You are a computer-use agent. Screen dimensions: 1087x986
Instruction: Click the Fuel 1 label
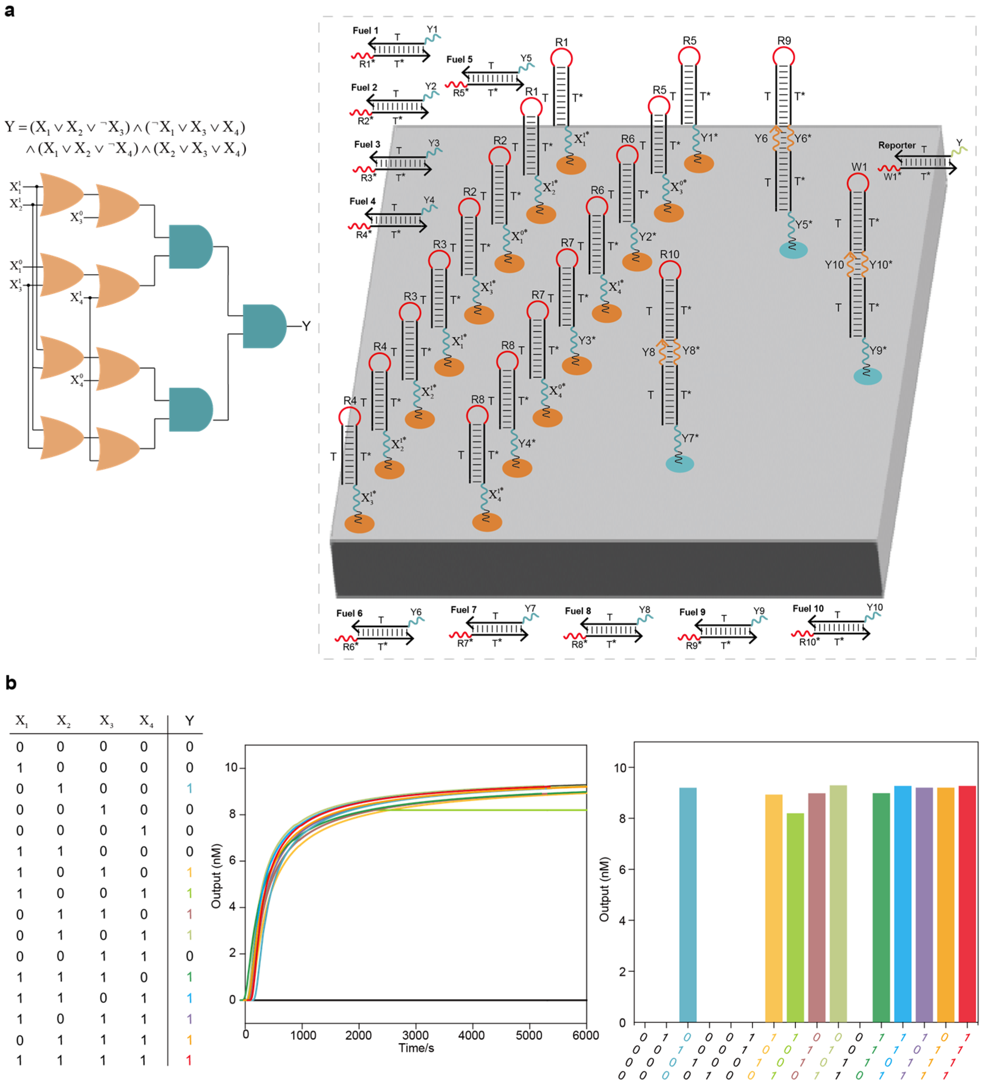pyautogui.click(x=365, y=31)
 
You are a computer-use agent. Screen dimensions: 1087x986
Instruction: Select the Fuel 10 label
pyautogui.click(x=808, y=608)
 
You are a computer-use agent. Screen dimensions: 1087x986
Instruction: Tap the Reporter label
pyautogui.click(x=897, y=145)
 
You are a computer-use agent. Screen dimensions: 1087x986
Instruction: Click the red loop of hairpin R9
pyautogui.click(x=783, y=57)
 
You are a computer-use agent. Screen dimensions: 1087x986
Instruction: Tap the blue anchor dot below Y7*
pyautogui.click(x=680, y=464)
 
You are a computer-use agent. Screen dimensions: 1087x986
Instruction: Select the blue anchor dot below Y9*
pyautogui.click(x=867, y=376)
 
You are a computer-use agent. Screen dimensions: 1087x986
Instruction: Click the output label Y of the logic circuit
pyautogui.click(x=306, y=326)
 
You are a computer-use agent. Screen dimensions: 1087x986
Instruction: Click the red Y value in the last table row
pyautogui.click(x=189, y=1060)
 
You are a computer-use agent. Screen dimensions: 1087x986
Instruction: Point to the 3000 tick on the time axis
pyautogui.click(x=415, y=1035)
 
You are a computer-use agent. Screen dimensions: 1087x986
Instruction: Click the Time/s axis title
pyautogui.click(x=416, y=1048)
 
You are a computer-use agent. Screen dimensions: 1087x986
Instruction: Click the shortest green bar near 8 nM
pyautogui.click(x=795, y=917)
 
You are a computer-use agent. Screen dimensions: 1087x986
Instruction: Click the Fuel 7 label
pyautogui.click(x=463, y=609)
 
